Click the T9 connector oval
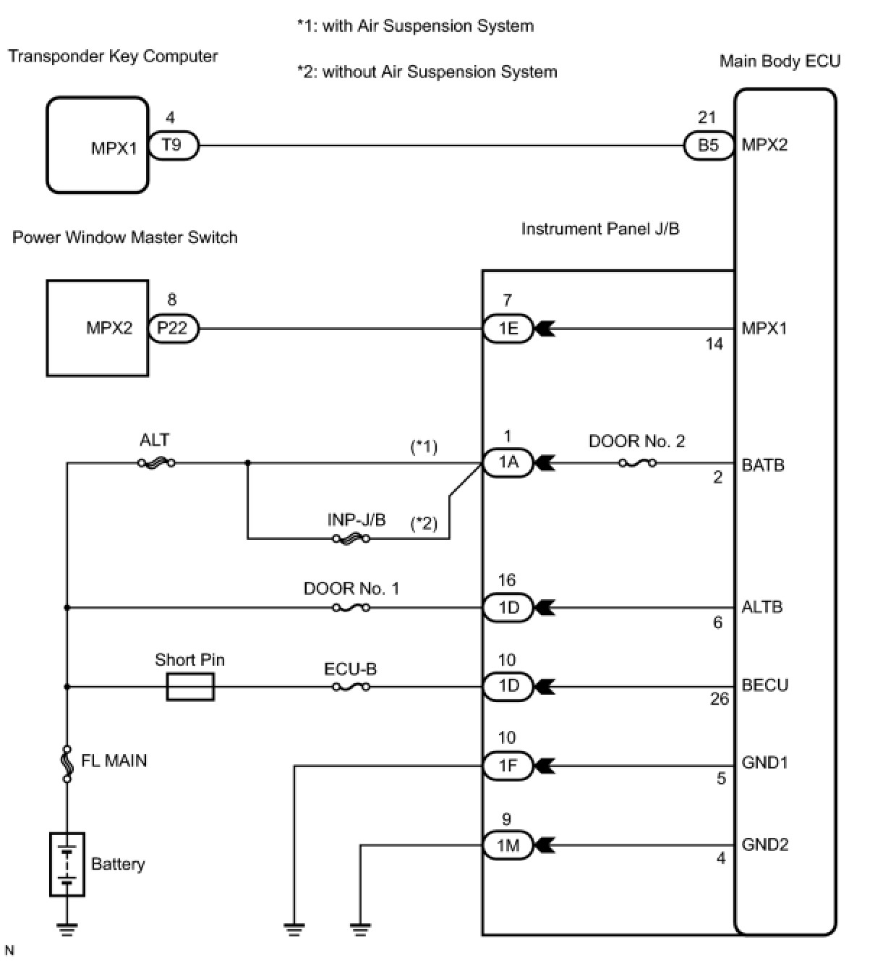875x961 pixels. [x=173, y=145]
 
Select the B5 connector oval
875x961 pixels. [x=709, y=145]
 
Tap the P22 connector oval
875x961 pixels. [x=172, y=329]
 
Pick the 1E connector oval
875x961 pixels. [x=508, y=329]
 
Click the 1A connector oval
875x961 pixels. [x=508, y=463]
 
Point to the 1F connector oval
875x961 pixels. [x=508, y=766]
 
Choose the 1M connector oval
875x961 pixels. [x=508, y=845]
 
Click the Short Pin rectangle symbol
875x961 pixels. [x=190, y=687]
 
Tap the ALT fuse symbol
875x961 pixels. [x=156, y=463]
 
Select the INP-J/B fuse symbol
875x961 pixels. [x=351, y=539]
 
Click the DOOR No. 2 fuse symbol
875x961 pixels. [x=638, y=463]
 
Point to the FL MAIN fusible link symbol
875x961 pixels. [x=67, y=763]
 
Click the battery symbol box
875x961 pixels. [x=67, y=865]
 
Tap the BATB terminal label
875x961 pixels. [x=763, y=465]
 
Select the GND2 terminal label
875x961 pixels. [x=765, y=844]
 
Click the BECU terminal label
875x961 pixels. [x=765, y=685]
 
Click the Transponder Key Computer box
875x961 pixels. [x=97, y=145]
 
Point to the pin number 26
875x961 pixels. [x=720, y=699]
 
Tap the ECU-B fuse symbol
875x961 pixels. [x=351, y=687]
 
